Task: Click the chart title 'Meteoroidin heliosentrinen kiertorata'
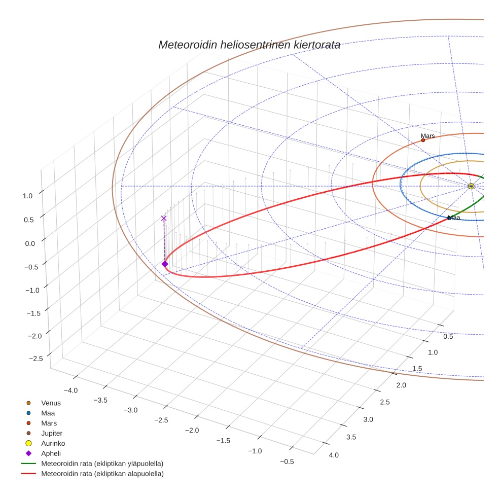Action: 249,45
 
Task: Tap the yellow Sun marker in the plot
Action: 471,186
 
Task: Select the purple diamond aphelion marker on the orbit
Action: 165,264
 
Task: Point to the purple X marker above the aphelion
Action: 164,218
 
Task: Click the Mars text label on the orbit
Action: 427,136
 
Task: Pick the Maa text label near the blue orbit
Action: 454,218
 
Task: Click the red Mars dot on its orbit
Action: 423,140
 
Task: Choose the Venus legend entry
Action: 51,403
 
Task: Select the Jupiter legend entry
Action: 52,434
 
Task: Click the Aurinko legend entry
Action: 53,443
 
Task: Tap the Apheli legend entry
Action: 50,453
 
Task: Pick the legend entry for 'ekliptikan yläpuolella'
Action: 102,464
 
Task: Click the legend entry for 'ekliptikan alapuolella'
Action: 102,474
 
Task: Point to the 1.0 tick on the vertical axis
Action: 28,195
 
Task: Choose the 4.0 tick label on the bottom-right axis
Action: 334,455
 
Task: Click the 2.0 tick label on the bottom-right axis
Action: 401,385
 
